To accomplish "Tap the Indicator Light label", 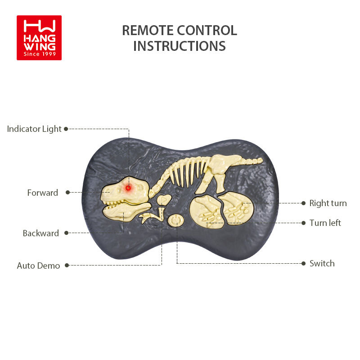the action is [34, 129].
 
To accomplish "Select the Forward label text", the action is [43, 193].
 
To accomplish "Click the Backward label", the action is [41, 234].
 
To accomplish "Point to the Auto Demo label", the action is [38, 266].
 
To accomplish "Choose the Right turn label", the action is [328, 203].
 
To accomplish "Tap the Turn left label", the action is [325, 223].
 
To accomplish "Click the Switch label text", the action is [322, 264].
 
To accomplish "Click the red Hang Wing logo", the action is [39, 38].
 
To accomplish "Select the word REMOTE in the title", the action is [148, 31].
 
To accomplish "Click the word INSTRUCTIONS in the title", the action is [180, 46].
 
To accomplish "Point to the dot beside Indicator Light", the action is [66, 129].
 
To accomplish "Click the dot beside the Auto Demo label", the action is [67, 265].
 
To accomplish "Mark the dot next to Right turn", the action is [304, 203].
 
